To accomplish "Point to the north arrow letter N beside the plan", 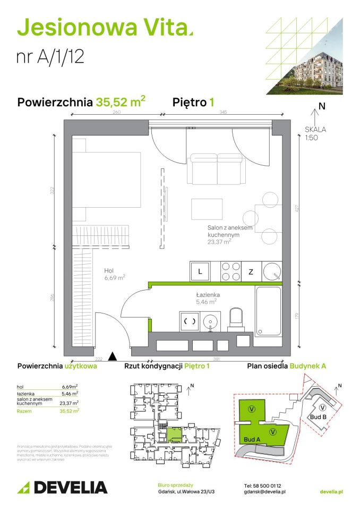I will [321, 106].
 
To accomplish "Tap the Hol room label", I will [110, 270].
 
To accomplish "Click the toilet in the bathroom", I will [235, 319].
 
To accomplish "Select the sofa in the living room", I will [217, 169].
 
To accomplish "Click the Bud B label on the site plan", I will [316, 417].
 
